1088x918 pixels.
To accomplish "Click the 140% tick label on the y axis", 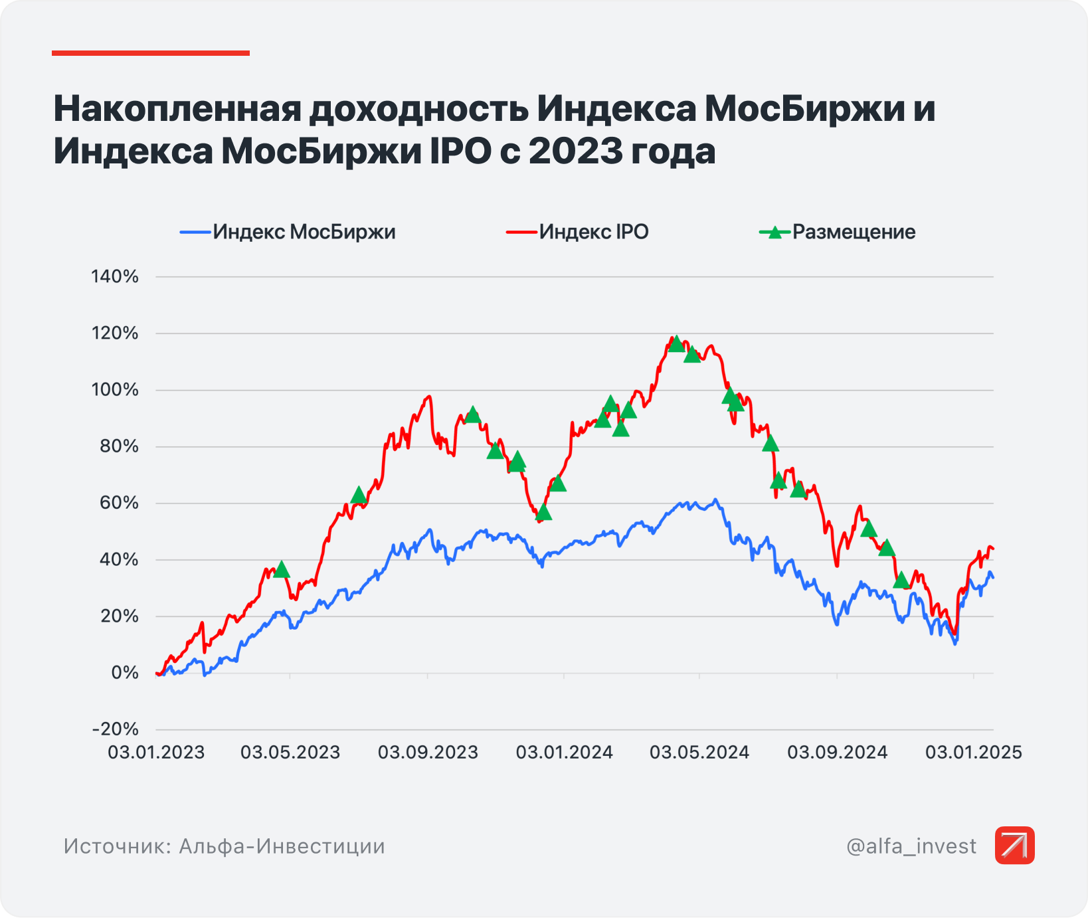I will point(115,277).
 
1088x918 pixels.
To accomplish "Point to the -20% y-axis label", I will point(115,729).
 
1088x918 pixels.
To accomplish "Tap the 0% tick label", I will point(125,673).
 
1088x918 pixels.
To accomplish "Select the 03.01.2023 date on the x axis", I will point(156,753).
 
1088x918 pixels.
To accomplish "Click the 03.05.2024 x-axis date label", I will point(699,753).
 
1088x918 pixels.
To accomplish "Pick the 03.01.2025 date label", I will point(974,753).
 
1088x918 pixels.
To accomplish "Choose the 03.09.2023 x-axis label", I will point(428,753).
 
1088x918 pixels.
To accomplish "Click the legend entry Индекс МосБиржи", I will point(304,232).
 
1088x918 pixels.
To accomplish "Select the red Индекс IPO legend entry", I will point(593,232).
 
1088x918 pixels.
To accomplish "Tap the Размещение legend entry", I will point(854,232).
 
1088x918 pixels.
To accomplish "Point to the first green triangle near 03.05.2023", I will point(282,570).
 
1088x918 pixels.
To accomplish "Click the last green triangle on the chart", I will point(901,581).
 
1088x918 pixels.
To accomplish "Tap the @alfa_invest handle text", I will point(911,846).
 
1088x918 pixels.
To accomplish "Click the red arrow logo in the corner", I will point(1014,846).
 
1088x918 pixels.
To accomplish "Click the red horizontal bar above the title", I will point(151,53).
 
